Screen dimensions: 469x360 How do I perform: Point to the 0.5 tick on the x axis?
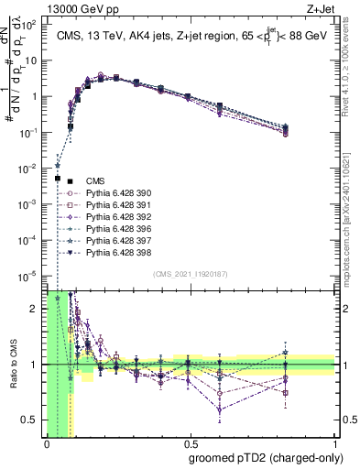[190, 443]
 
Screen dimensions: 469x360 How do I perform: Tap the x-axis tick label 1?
[334, 443]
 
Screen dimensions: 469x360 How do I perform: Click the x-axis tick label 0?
[46, 443]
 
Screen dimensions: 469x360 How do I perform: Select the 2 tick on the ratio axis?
[35, 309]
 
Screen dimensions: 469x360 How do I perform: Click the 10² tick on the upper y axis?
[30, 25]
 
